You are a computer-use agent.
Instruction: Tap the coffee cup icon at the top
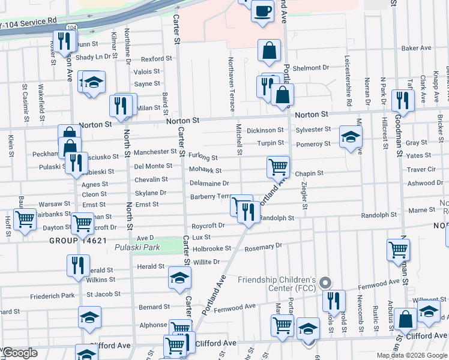tap(262, 11)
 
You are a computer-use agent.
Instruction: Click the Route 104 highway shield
tap(71, 28)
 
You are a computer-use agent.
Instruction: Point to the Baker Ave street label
tap(417, 48)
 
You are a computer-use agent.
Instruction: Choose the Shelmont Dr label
tap(313, 68)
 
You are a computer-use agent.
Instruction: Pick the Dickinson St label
tap(265, 130)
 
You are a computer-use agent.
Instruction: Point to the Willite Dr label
tap(206, 262)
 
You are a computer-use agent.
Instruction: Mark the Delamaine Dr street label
tap(210, 183)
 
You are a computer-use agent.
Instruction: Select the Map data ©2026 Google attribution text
tap(411, 355)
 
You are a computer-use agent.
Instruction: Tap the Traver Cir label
tap(421, 169)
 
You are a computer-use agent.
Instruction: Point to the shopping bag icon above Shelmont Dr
tap(270, 51)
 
